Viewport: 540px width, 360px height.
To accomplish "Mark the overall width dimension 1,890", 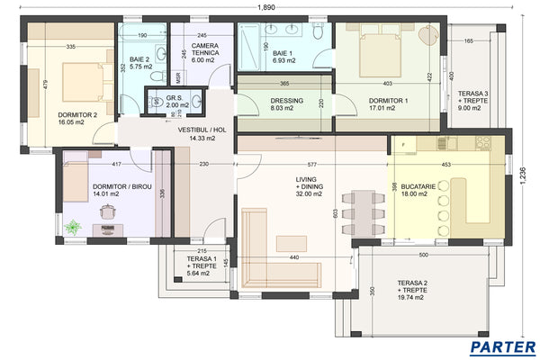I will pyautogui.click(x=266, y=7).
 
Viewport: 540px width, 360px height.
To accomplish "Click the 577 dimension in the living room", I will pyautogui.click(x=311, y=165).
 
